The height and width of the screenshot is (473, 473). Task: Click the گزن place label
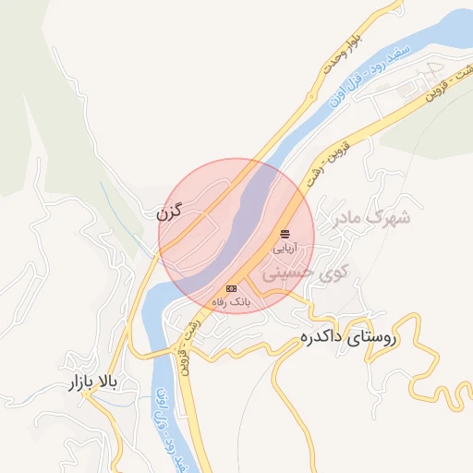coord(169,212)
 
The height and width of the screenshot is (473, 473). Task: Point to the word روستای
coord(373,338)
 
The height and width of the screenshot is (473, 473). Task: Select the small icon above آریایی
coord(284,235)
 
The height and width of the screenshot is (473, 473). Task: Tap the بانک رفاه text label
coord(231,301)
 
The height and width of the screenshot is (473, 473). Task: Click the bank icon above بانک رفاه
coord(231,289)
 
